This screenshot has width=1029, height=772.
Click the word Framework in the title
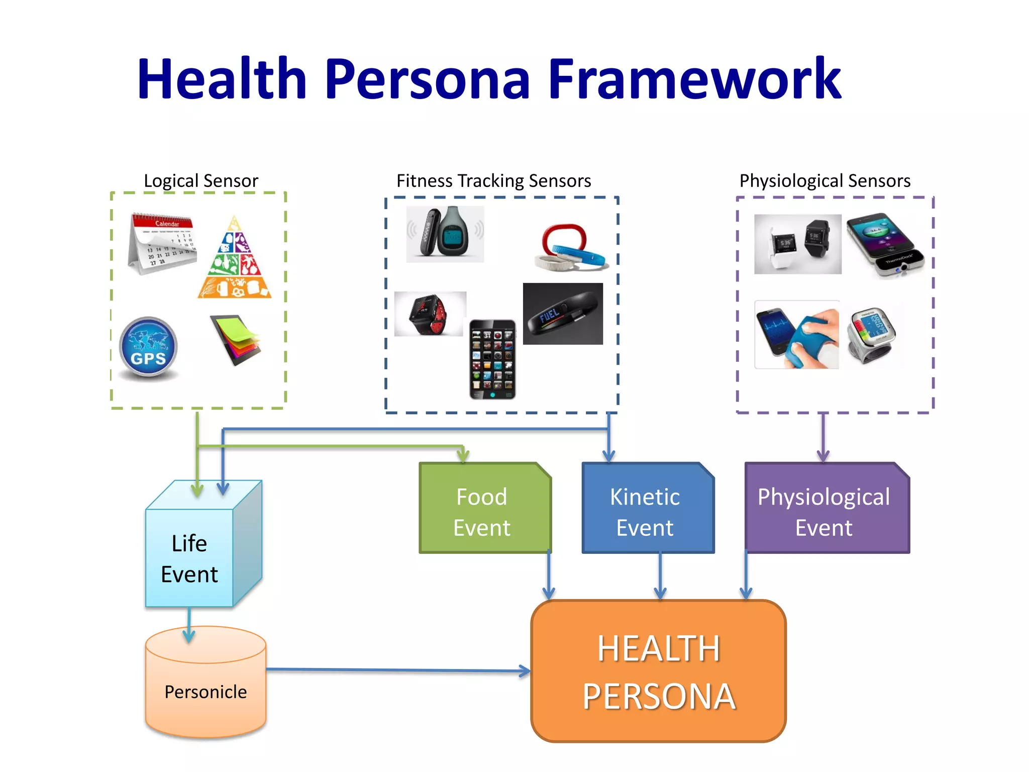tap(694, 79)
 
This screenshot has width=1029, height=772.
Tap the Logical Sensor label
tap(200, 180)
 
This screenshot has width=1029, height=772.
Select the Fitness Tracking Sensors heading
tap(493, 180)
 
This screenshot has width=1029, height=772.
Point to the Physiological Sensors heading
tap(825, 180)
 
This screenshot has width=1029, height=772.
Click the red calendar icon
tap(162, 243)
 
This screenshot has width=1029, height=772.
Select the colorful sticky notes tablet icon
tap(236, 339)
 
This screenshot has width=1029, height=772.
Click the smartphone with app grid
tap(492, 359)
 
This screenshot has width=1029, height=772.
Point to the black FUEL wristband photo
tap(563, 314)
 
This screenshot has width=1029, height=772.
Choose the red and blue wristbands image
tap(570, 248)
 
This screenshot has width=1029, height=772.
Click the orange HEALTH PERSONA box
tap(658, 671)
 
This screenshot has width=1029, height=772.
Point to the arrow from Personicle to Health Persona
tap(397, 669)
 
